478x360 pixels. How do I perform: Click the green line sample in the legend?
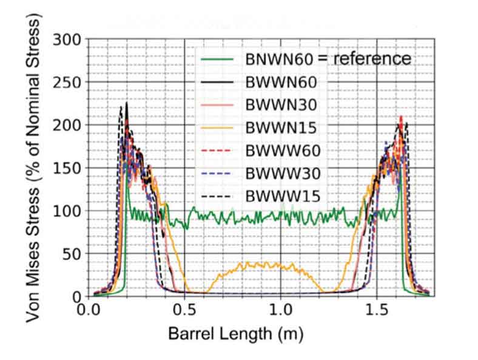click(218, 59)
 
